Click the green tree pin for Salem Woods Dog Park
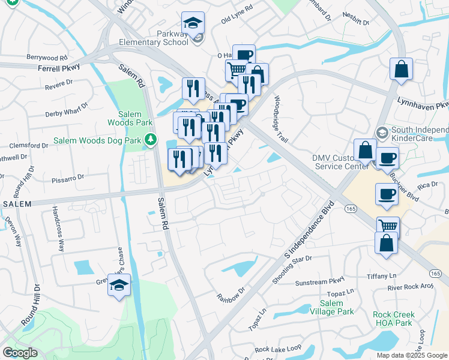(150, 141)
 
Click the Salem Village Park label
(332, 307)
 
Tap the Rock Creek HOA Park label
(392, 319)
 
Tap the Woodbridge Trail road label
(281, 119)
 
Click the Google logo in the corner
(20, 353)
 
